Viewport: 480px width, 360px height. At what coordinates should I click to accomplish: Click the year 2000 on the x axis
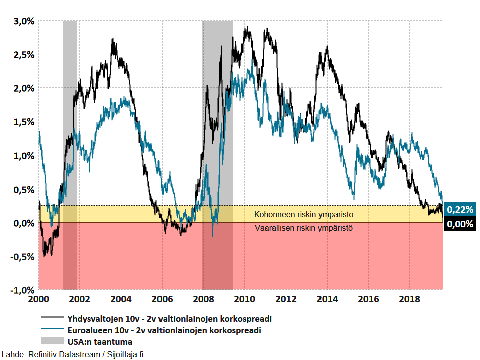click(39, 299)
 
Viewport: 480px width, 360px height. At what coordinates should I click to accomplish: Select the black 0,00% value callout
click(460, 224)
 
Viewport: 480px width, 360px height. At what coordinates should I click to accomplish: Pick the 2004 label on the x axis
click(121, 299)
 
